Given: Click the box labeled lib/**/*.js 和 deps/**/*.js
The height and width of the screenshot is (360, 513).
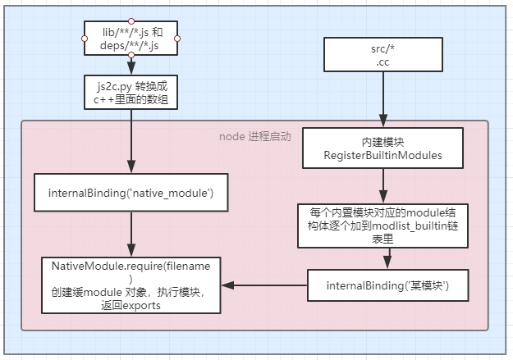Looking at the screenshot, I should pos(131,38).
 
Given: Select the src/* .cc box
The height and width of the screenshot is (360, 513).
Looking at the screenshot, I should pos(379,54).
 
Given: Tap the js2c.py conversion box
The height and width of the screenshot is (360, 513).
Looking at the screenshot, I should pos(131,92).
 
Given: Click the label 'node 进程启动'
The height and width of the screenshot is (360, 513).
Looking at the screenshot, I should pos(255,136).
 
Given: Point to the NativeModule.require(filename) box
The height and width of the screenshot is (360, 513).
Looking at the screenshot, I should pos(131,285).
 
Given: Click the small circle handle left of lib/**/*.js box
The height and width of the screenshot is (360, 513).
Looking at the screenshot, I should pos(85,38).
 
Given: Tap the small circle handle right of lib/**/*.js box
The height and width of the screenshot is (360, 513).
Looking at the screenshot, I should pos(178,38).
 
